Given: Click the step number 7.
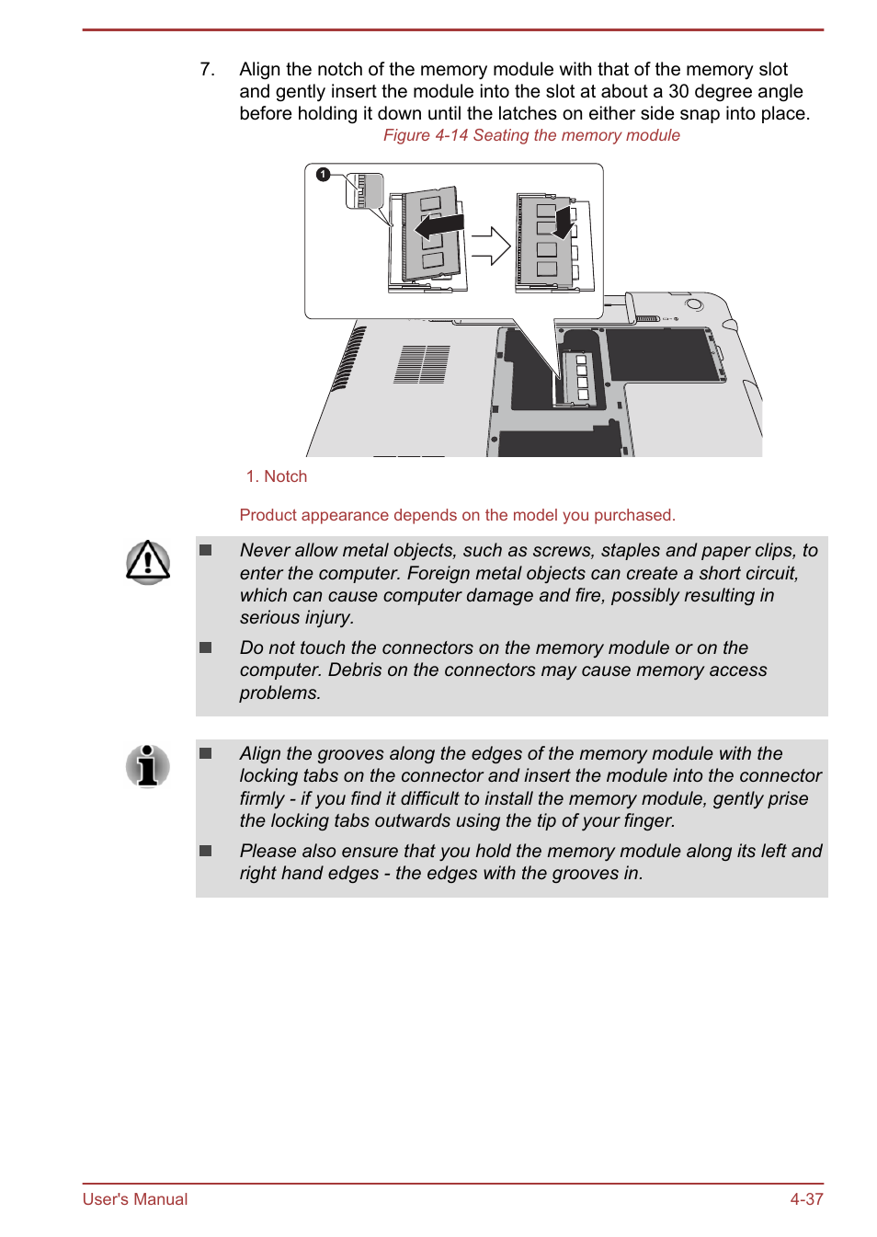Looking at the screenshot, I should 207,70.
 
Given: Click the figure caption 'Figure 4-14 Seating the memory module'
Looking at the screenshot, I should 531,135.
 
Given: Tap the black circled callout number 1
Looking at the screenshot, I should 323,174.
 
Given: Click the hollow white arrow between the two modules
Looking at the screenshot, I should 491,246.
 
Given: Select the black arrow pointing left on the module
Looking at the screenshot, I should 439,225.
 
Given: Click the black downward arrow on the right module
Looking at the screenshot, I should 564,222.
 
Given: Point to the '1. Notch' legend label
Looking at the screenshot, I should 277,476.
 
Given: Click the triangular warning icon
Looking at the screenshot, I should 148,562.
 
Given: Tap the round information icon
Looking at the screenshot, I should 148,765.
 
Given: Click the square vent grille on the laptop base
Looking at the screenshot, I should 422,364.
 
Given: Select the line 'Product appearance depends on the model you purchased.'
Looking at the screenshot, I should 457,515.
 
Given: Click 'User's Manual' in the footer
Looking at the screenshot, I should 135,1199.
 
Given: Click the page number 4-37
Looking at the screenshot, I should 806,1199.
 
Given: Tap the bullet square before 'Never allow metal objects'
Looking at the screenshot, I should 206,550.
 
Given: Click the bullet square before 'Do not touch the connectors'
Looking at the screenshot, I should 206,647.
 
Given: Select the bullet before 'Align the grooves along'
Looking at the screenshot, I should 206,753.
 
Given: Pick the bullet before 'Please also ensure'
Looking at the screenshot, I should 206,851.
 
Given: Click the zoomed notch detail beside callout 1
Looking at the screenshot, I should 363,191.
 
